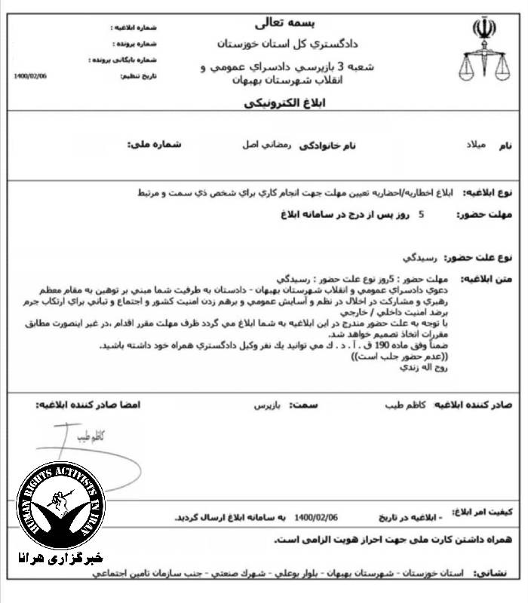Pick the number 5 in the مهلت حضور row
[x=421, y=214]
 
